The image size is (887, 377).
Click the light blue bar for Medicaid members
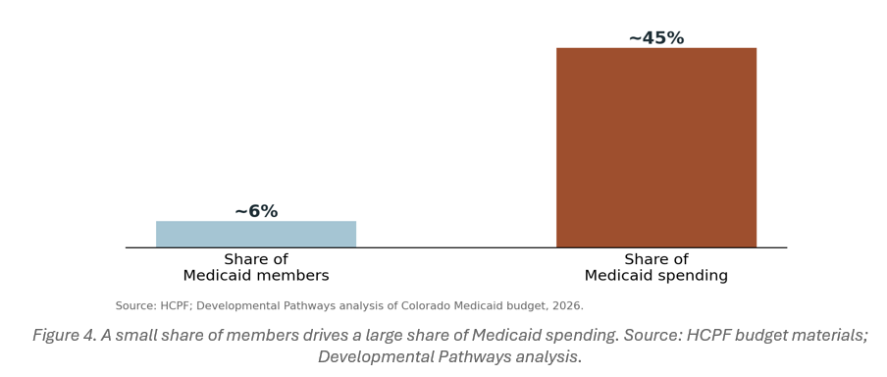(256, 234)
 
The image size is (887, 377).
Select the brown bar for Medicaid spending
(656, 147)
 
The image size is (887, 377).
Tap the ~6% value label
(256, 211)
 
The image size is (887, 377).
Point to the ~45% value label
(656, 38)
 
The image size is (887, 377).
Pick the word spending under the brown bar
(692, 276)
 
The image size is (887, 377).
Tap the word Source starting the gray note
(136, 305)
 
